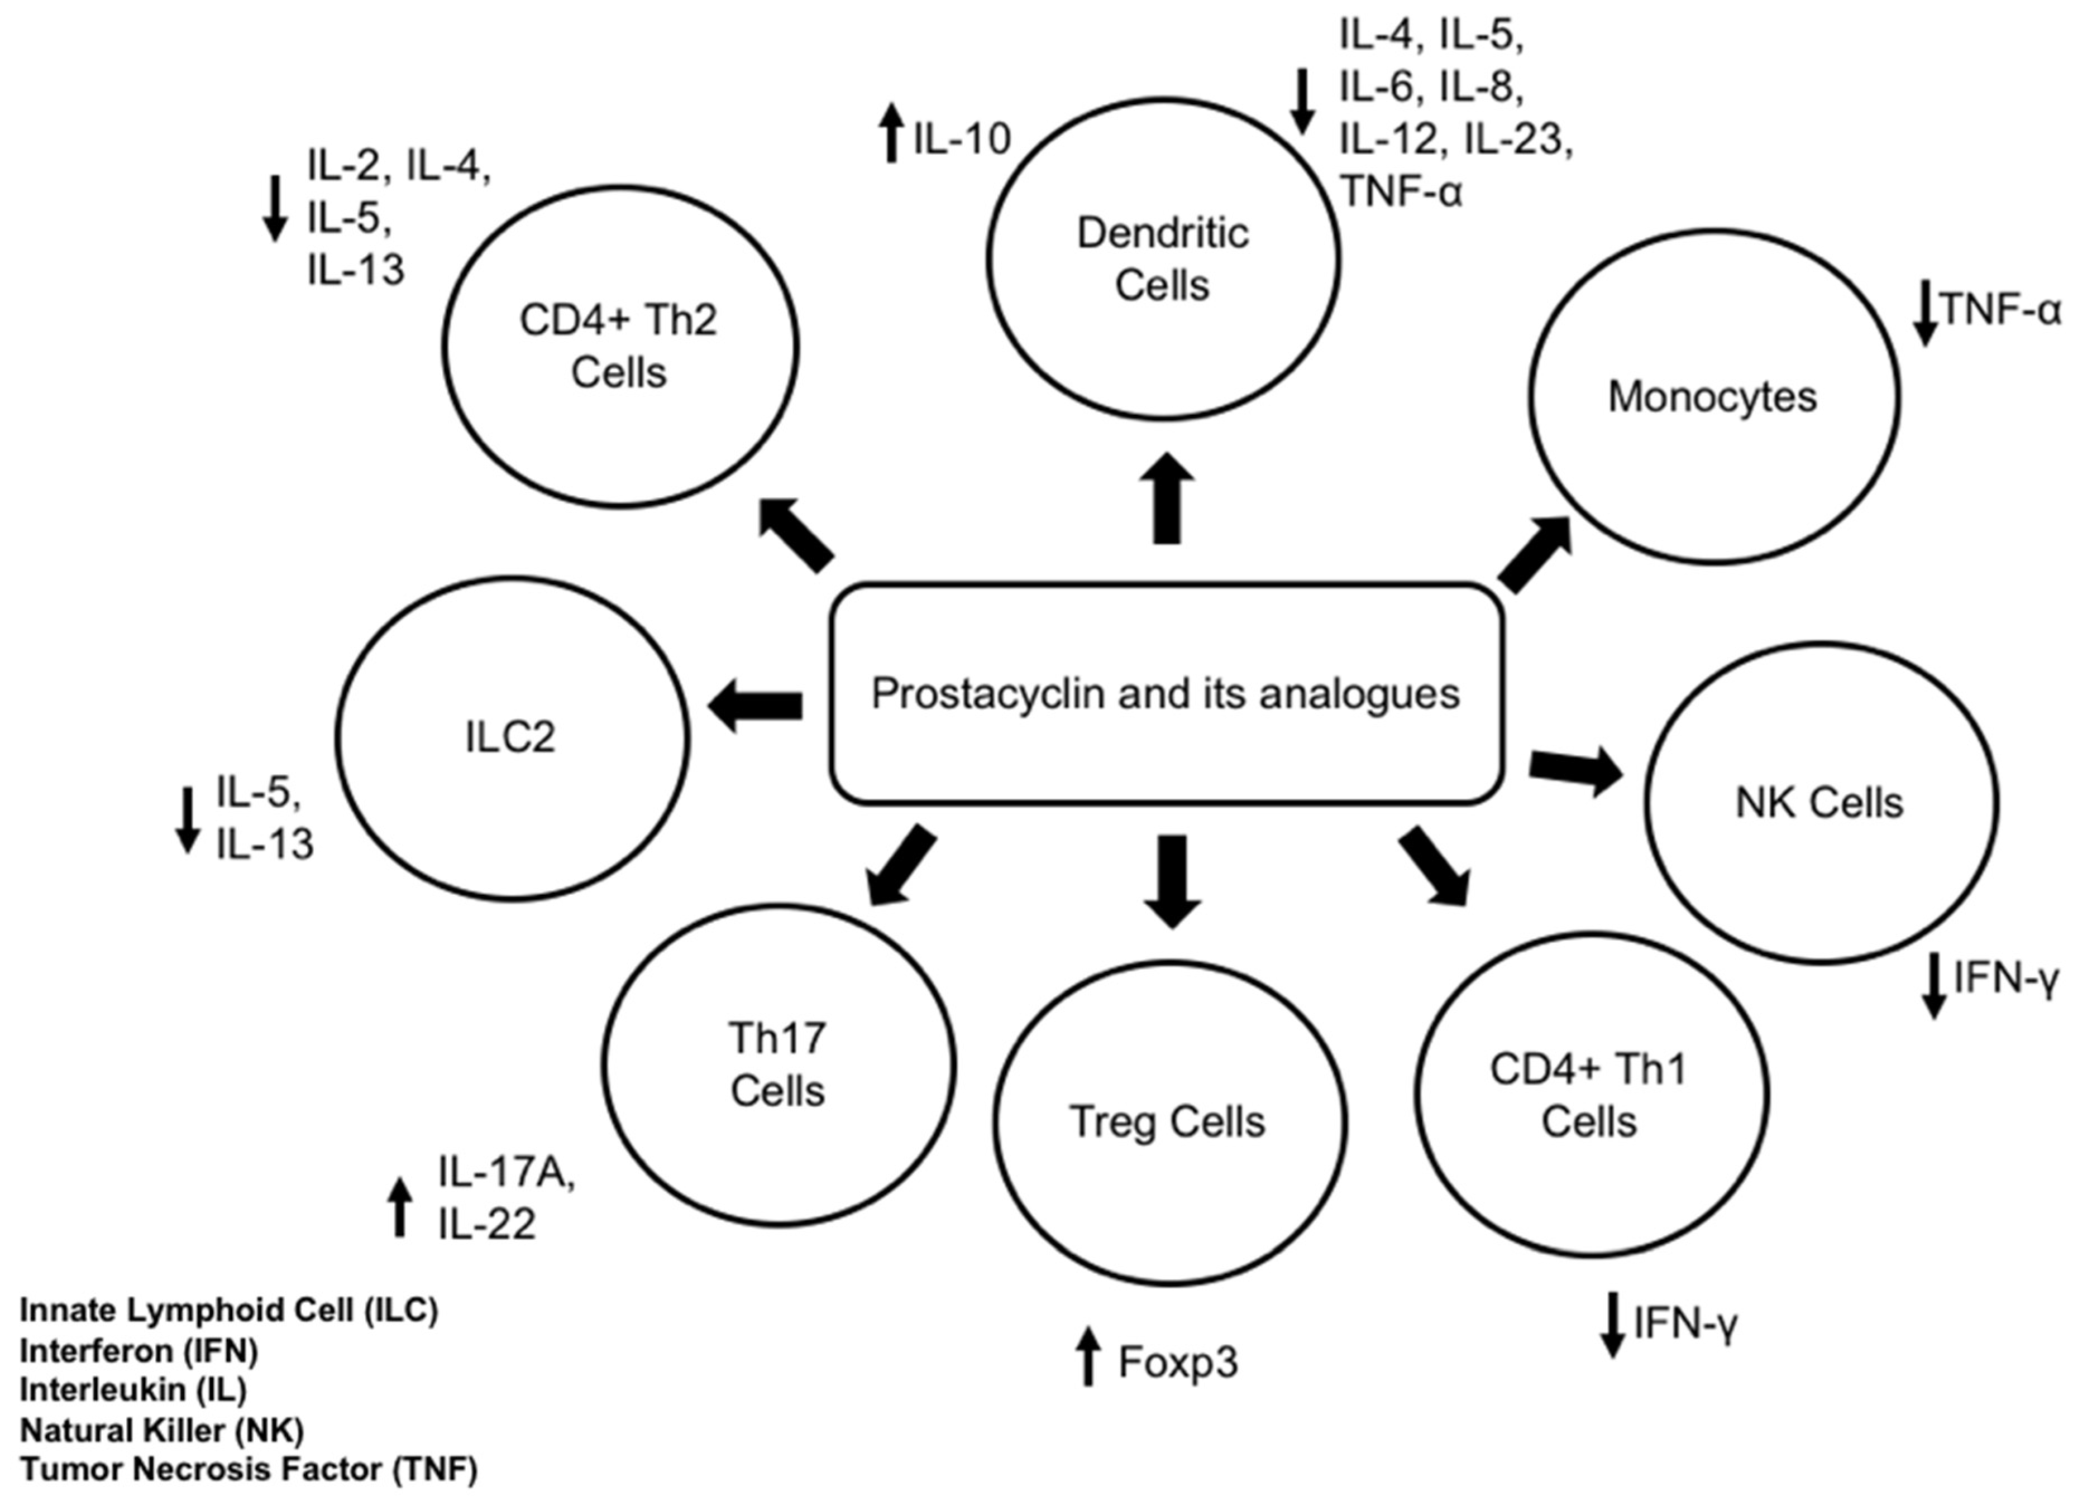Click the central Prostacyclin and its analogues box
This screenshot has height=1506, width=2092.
[x=1166, y=693]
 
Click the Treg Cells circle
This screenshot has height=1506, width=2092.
[x=1169, y=1123]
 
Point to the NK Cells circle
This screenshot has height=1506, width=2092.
[x=1821, y=802]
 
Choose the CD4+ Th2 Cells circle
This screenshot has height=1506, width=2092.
[x=619, y=346]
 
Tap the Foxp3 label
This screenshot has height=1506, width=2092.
[x=1178, y=1362]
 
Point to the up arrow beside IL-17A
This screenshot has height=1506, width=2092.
[x=399, y=1207]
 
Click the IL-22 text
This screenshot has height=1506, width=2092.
[x=486, y=1225]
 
